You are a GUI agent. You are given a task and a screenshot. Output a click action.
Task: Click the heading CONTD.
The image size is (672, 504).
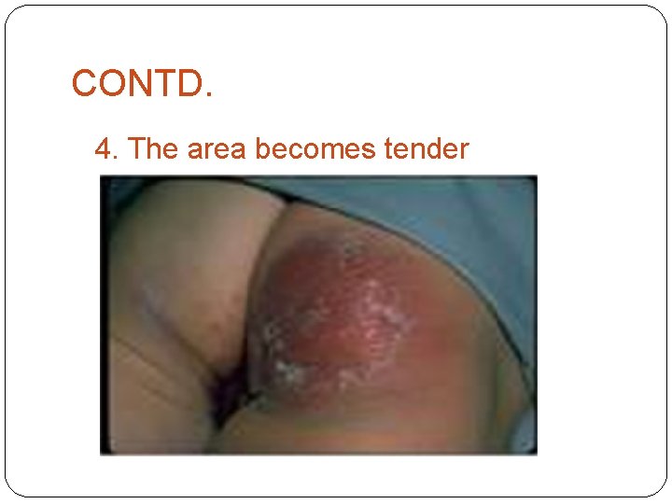142,84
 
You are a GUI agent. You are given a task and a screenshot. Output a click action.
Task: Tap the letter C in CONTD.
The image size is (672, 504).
84,84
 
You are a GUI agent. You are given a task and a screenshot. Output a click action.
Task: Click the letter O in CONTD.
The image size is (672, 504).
109,84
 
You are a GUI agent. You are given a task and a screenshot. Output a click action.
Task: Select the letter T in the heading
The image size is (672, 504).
159,84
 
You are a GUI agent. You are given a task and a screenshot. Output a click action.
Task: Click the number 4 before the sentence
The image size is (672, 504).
102,148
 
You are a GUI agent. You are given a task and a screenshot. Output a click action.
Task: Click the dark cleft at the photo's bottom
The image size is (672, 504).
229,392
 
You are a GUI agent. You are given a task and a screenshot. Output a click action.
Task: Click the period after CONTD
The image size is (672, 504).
208,95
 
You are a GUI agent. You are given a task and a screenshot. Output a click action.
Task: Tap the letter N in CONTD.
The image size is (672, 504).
135,84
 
